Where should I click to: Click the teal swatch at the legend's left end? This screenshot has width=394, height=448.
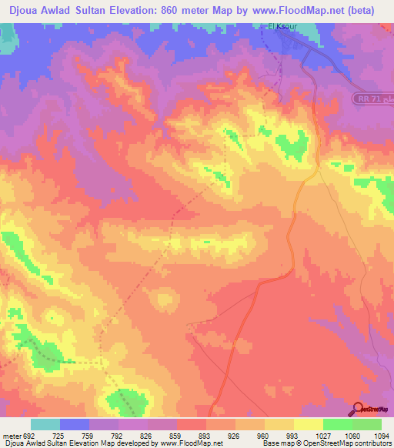pyautogui.click(x=45, y=424)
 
